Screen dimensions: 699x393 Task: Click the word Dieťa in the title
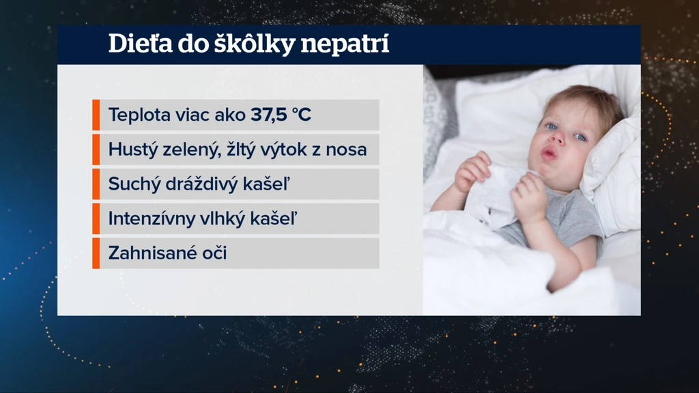pyautogui.click(x=141, y=44)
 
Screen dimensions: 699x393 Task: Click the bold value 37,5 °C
pyautogui.click(x=281, y=115)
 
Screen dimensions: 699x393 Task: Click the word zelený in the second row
pyautogui.click(x=192, y=149)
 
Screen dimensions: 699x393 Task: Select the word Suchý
pyautogui.click(x=134, y=184)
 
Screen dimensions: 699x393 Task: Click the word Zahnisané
pyautogui.click(x=152, y=253)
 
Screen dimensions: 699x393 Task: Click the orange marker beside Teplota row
pyautogui.click(x=96, y=115)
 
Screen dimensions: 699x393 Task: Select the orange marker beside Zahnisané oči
pyautogui.click(x=96, y=253)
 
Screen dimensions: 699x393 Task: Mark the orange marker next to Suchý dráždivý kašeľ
pyautogui.click(x=96, y=184)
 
